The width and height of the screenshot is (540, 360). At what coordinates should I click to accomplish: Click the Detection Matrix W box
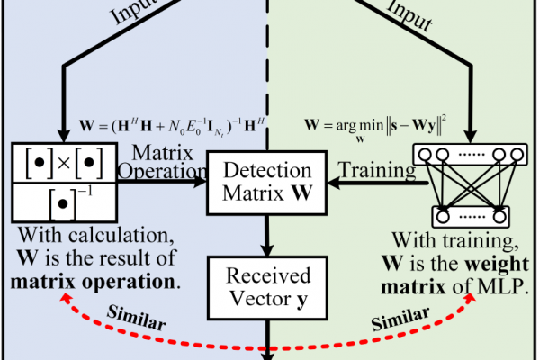pyautogui.click(x=267, y=183)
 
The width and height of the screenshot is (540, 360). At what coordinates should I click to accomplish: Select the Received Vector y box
pyautogui.click(x=267, y=288)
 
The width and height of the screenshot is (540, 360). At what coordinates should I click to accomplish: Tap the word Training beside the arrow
pyautogui.click(x=377, y=170)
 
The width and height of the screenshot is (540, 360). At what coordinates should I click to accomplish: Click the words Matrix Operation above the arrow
pyautogui.click(x=162, y=162)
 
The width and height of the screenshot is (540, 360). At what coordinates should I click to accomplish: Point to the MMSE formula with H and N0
pyautogui.click(x=172, y=126)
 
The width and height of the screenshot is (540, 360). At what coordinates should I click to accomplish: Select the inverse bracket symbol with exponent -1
pyautogui.click(x=71, y=203)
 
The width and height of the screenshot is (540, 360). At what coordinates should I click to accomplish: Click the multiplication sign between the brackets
pyautogui.click(x=65, y=163)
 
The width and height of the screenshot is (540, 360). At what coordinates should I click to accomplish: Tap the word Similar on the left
pyautogui.click(x=137, y=318)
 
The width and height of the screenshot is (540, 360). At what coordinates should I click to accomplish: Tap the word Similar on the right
pyautogui.click(x=400, y=319)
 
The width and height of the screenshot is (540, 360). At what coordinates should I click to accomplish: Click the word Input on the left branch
pyautogui.click(x=133, y=12)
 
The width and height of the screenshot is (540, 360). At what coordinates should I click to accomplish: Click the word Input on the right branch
pyautogui.click(x=409, y=15)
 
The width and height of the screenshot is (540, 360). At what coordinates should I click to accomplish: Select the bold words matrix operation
pyautogui.click(x=93, y=282)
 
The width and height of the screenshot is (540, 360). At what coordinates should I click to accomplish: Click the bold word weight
pyautogui.click(x=497, y=265)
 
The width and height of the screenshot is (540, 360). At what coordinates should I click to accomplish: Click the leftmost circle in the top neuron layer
pyautogui.click(x=426, y=154)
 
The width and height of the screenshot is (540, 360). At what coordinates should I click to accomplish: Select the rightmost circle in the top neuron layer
pyautogui.click(x=517, y=154)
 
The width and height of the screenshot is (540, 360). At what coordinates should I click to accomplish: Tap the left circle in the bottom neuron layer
pyautogui.click(x=443, y=217)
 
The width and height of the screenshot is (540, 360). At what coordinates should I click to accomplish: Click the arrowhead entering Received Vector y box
pyautogui.click(x=267, y=250)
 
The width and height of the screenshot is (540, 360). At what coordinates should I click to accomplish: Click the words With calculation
pyautogui.click(x=96, y=236)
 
